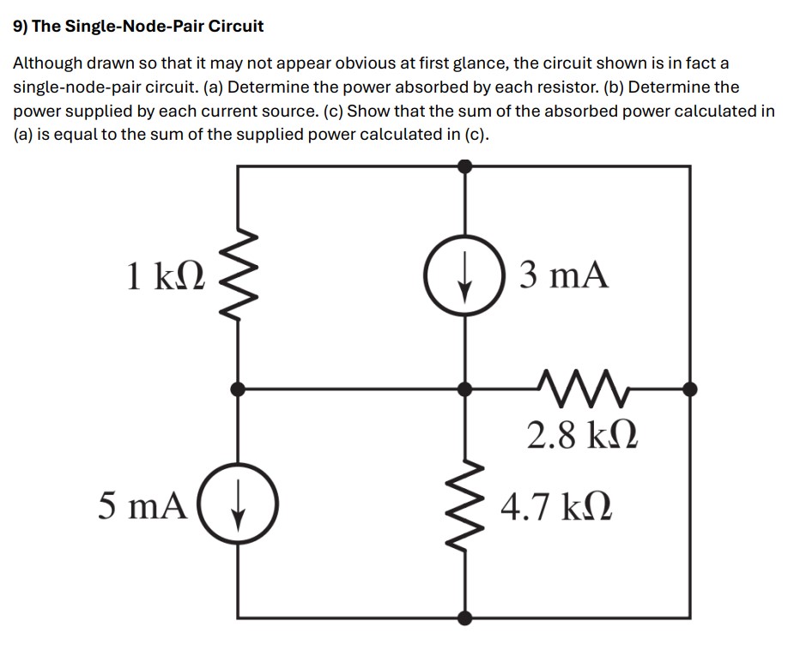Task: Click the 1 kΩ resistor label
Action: pos(165,277)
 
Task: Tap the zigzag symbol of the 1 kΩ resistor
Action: pos(237,277)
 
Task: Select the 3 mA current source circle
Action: pos(464,276)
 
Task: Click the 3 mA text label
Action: pos(564,275)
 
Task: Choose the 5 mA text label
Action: pos(142,505)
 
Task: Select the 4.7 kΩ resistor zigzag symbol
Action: pos(464,503)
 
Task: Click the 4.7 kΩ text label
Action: pos(556,505)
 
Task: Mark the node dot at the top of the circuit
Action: pos(464,166)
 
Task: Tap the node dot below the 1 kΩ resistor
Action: pos(238,389)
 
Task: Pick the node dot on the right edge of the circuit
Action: pos(689,389)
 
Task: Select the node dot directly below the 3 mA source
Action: pos(464,389)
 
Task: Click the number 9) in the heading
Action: pos(21,26)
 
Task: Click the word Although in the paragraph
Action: pos(48,64)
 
